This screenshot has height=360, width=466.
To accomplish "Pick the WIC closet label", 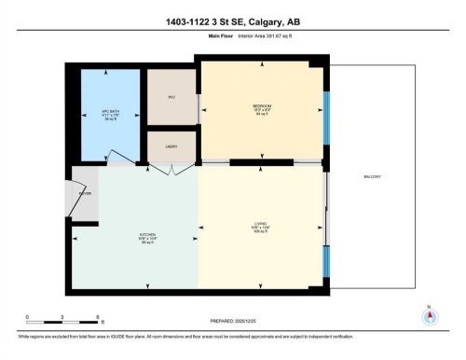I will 171,97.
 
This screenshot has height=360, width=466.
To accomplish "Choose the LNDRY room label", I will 171,146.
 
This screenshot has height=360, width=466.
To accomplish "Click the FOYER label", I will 85,194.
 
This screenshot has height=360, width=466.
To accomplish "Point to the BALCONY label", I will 374,177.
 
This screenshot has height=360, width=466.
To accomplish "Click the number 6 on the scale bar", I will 98,318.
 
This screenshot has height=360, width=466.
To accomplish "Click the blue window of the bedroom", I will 325,117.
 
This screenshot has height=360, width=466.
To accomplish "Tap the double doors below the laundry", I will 172,166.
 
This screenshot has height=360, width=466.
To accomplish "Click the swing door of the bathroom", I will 121,158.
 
